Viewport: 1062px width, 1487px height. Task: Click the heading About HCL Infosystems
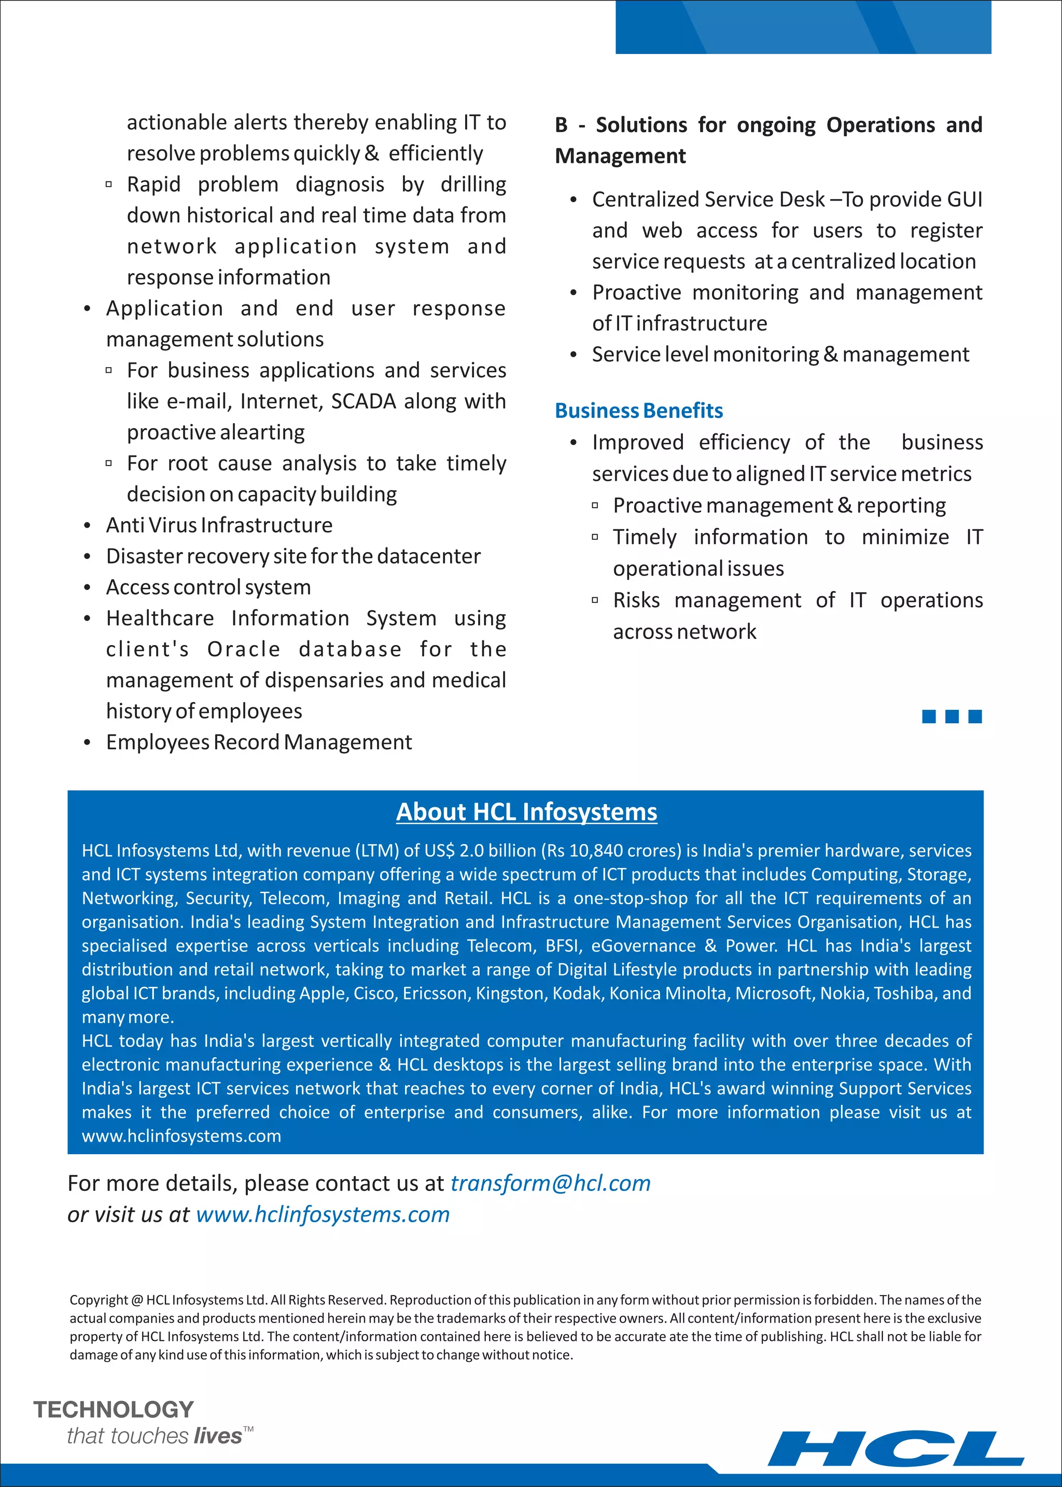[x=526, y=811]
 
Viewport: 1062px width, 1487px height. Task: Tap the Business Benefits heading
[x=638, y=411]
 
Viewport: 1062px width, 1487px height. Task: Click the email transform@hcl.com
[x=551, y=1183]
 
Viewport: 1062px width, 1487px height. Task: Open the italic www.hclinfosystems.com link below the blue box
[x=323, y=1214]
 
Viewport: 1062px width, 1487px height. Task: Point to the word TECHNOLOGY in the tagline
[x=114, y=1409]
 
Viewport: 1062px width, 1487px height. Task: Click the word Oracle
[x=244, y=649]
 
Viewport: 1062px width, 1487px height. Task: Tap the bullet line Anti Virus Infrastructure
[x=219, y=525]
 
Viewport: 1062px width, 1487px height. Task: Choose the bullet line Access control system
[x=208, y=587]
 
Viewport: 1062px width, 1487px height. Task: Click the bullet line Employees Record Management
[x=259, y=742]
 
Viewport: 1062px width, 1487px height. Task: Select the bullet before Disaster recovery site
[x=87, y=556]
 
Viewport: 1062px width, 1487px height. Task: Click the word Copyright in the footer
[x=99, y=1300]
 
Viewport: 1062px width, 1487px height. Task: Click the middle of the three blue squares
[x=952, y=717]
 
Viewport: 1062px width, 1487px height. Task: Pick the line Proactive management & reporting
[x=779, y=506]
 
